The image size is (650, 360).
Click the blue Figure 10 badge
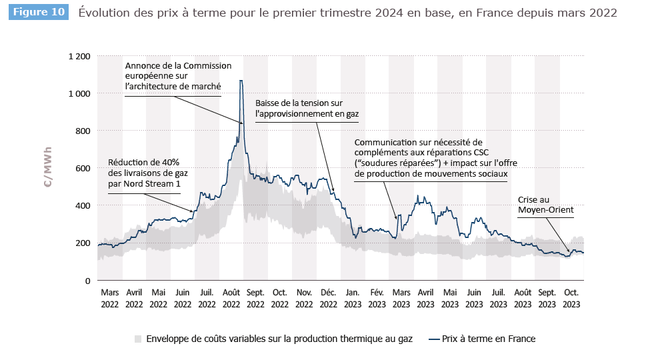click(x=39, y=13)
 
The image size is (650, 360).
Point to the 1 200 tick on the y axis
click(x=79, y=56)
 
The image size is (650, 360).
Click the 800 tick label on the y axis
click(x=83, y=131)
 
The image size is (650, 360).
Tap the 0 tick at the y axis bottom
click(x=87, y=280)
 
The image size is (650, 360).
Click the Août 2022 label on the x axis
click(x=231, y=298)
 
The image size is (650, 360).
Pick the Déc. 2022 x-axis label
click(x=328, y=298)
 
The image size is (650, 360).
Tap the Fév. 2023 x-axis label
click(x=377, y=298)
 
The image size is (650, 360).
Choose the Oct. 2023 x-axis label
click(x=571, y=298)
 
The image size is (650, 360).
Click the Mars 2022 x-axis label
click(x=109, y=298)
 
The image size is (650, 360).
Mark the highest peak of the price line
click(x=241, y=81)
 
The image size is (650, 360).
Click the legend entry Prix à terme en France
click(x=489, y=339)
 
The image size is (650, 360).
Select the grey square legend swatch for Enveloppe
click(x=138, y=339)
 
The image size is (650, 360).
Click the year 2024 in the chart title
click(x=419, y=13)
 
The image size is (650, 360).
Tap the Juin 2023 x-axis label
click(x=474, y=298)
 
